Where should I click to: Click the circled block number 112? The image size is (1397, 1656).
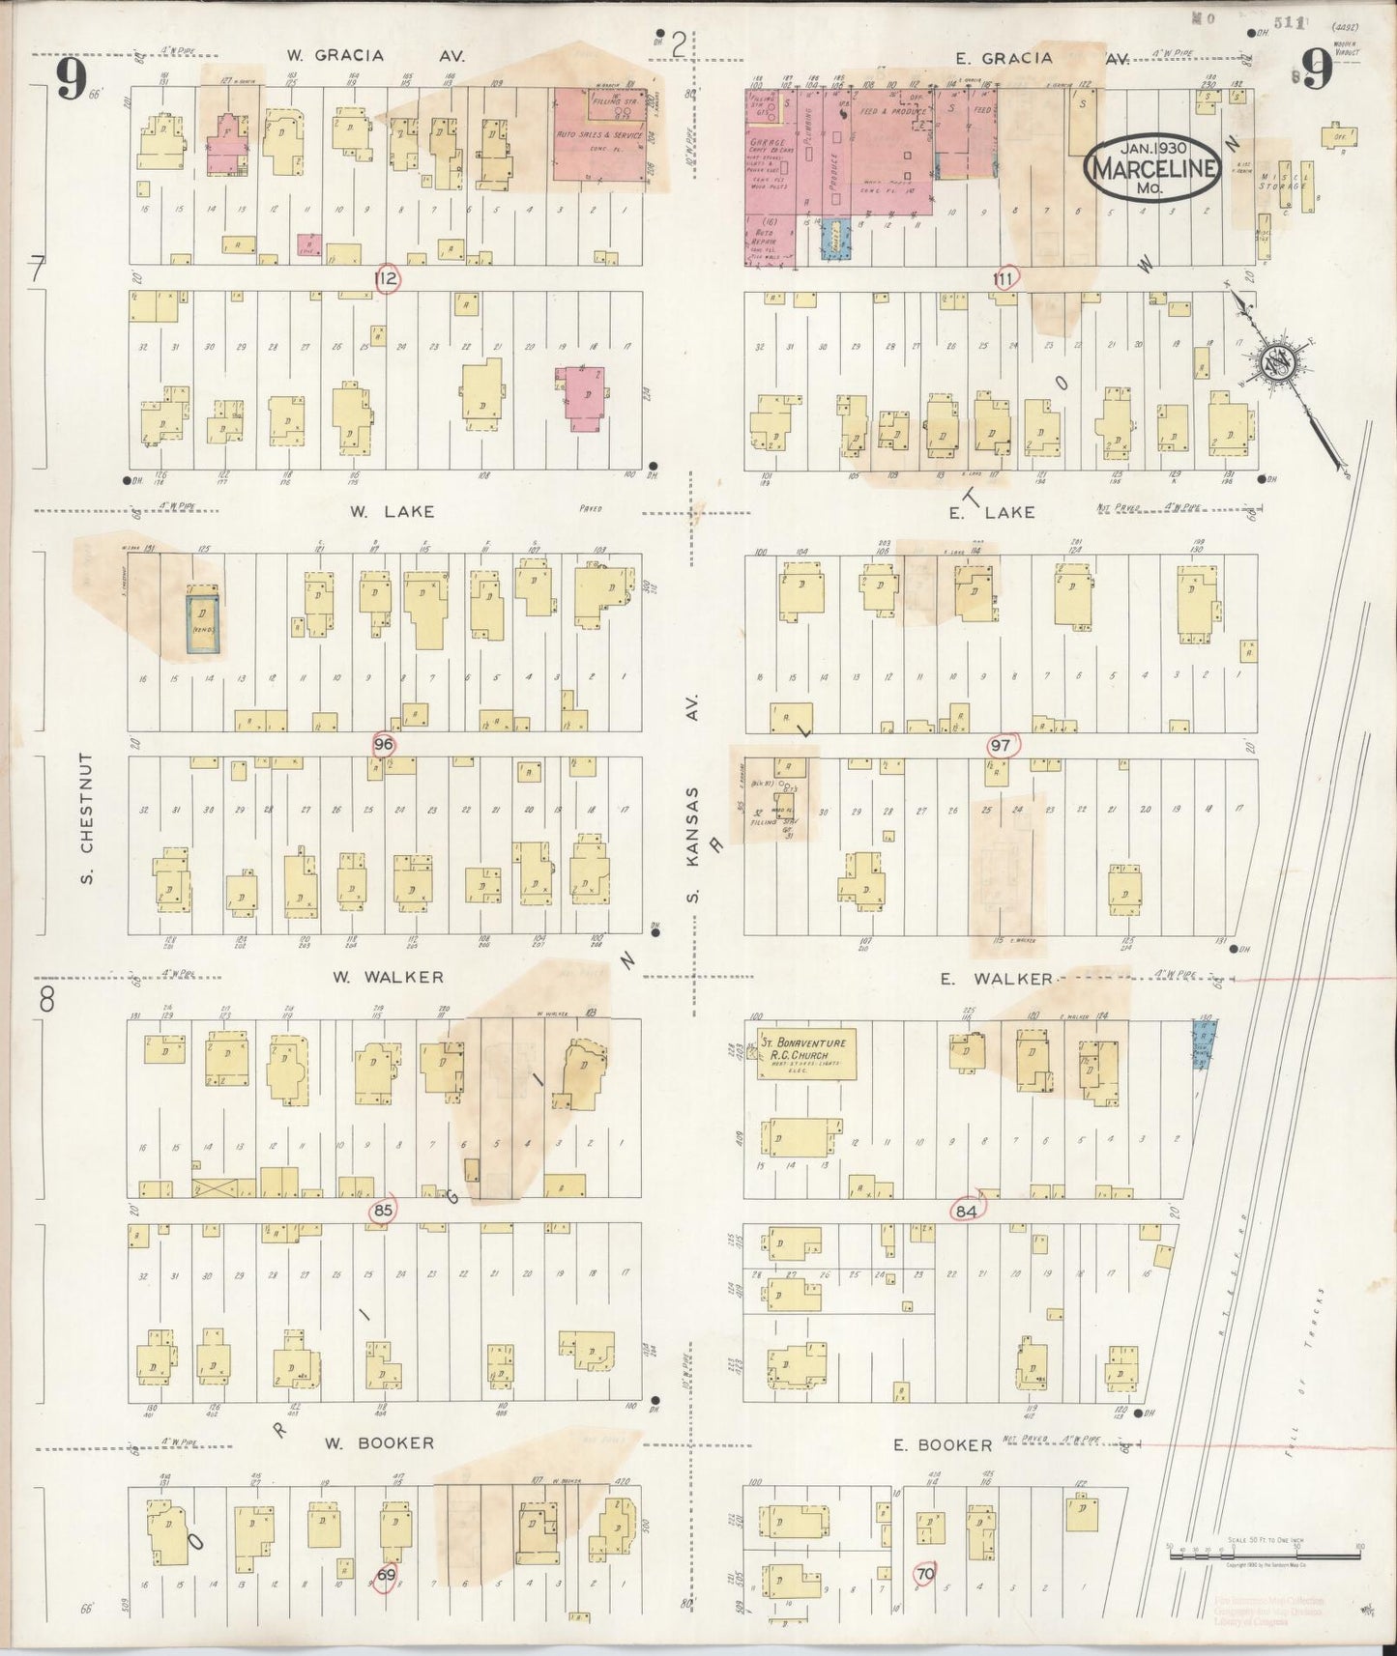387,279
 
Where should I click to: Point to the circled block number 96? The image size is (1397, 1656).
384,744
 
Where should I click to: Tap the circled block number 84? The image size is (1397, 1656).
965,1210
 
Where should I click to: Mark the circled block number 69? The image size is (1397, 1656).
386,1575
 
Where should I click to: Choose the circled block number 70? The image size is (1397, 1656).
924,1574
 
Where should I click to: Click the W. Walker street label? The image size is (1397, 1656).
388,977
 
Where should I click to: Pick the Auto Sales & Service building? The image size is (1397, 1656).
599,135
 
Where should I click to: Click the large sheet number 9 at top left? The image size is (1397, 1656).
72,79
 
